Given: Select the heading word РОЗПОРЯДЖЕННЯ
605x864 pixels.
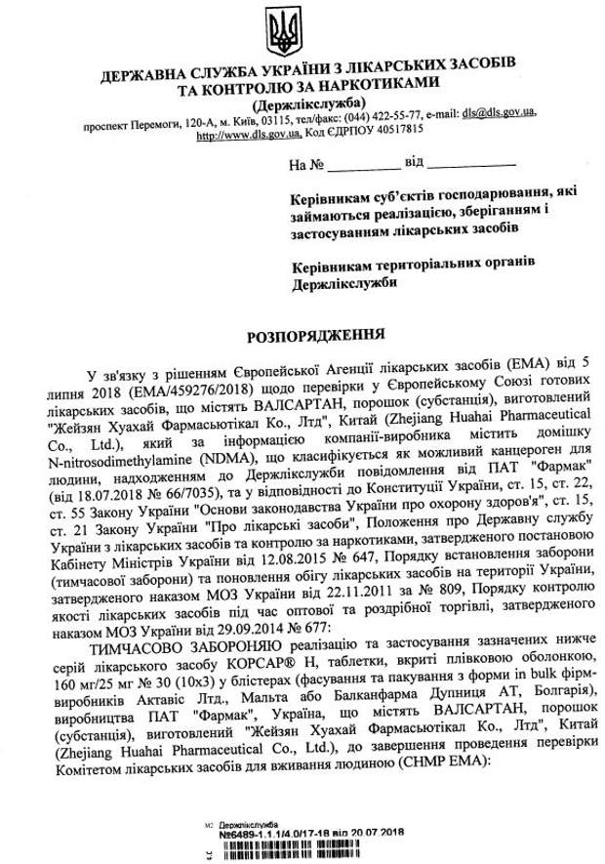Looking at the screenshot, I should [x=302, y=333].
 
